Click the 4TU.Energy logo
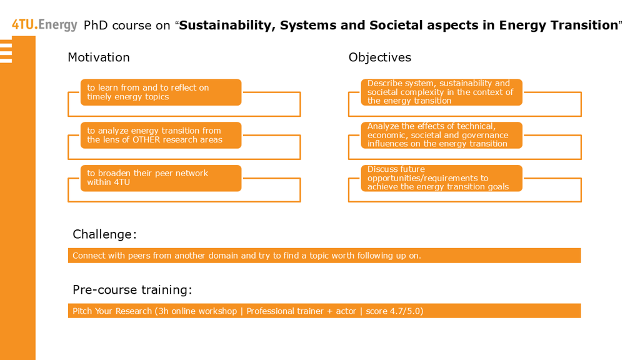pos(44,25)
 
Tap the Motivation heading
pos(99,57)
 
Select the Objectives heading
pos(379,57)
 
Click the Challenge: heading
pos(104,234)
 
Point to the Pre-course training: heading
pos(132,290)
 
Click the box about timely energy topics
pos(161,92)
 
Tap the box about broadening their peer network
pos(161,178)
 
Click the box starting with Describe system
pos(442,92)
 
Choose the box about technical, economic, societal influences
pos(442,135)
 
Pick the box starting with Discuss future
pos(442,178)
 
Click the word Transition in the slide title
pos(584,25)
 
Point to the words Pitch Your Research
pos(112,311)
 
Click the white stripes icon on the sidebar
pos(6,51)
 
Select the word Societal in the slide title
pos(396,25)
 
